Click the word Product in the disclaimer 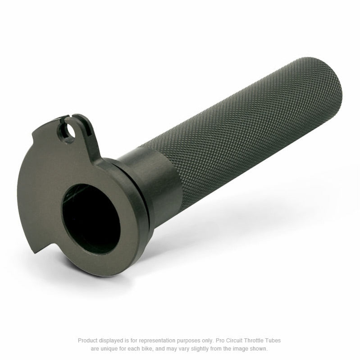[87, 341]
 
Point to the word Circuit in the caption [228, 341]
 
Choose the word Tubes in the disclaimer [272, 341]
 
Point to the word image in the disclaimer [241, 349]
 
